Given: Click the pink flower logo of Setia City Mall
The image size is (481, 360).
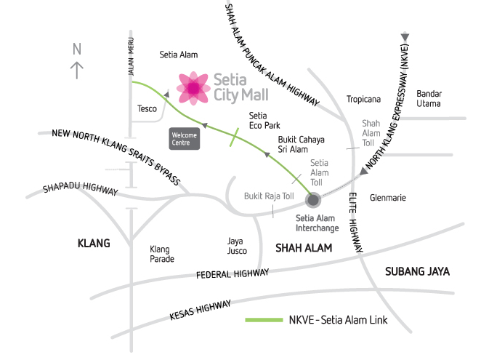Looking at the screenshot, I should click(x=193, y=87).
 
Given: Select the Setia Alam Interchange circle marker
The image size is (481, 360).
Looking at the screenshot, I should click(x=313, y=199).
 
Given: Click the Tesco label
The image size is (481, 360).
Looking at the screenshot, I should click(x=147, y=109).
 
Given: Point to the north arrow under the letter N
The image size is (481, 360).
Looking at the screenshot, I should click(x=76, y=70).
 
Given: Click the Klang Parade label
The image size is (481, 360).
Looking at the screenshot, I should click(x=161, y=253).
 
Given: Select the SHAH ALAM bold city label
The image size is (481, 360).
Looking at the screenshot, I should click(x=303, y=248).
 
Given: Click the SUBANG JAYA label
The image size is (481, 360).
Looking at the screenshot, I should click(x=417, y=271).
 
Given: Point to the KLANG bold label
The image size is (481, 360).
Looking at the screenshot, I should click(x=94, y=243).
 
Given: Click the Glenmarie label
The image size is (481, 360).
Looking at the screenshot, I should click(x=387, y=198).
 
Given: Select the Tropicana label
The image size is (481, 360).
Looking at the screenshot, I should click(x=364, y=99).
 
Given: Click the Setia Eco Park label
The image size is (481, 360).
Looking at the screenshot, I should click(x=258, y=120).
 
